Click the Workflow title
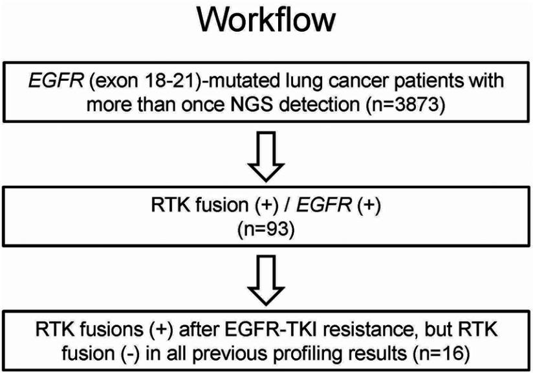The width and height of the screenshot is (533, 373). pos(266,21)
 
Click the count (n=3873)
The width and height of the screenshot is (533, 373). pos(398,106)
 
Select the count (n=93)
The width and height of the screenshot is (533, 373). pos(265,230)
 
